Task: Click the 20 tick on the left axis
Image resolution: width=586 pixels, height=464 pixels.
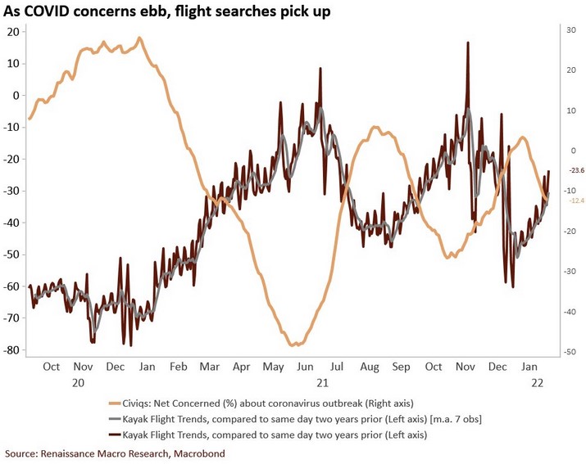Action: click(13, 31)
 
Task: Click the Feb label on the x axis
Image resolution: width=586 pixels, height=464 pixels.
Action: click(178, 367)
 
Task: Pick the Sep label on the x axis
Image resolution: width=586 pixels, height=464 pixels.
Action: click(400, 367)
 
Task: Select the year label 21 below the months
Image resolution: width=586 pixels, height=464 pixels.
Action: click(322, 382)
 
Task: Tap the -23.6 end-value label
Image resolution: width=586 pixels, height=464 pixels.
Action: click(577, 170)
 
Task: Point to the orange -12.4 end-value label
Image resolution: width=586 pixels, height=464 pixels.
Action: click(577, 200)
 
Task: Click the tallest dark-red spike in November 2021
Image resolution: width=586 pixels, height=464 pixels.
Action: click(467, 43)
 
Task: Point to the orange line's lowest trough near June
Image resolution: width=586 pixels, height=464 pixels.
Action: click(293, 345)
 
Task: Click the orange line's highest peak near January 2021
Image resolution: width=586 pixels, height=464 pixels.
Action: click(139, 38)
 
